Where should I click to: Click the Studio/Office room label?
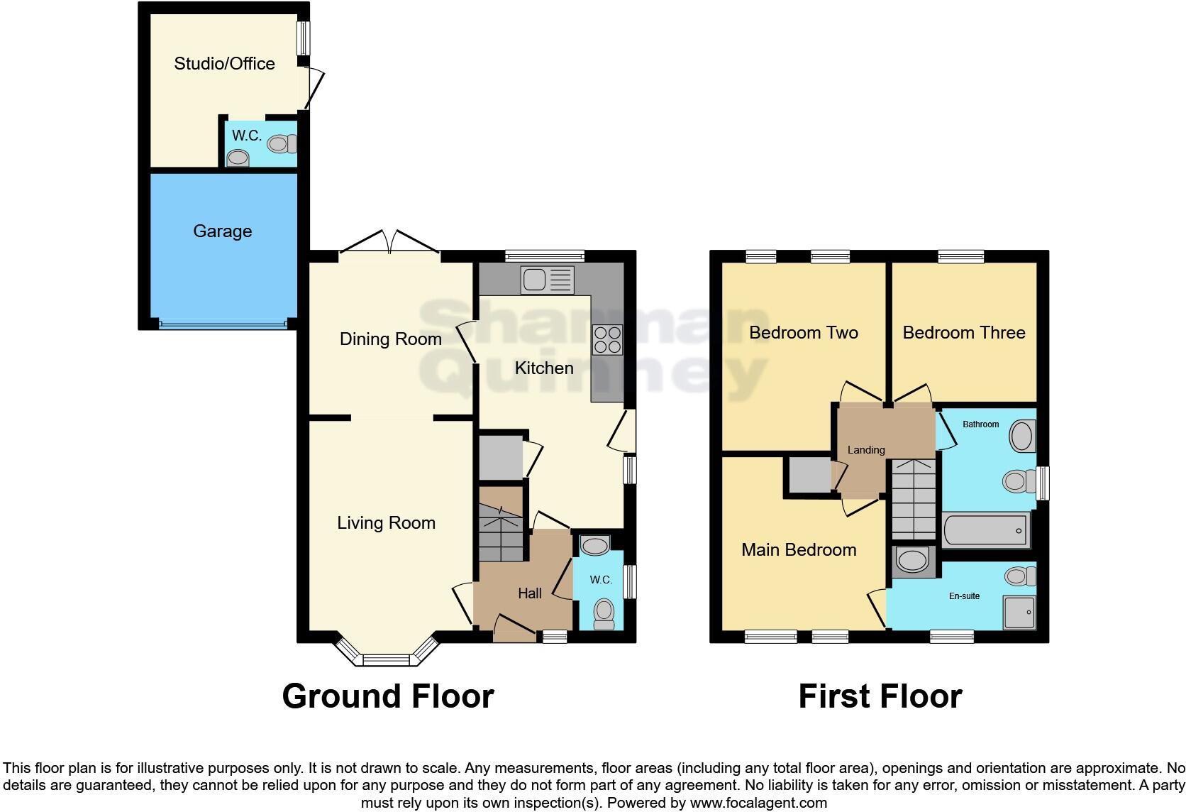point(224,64)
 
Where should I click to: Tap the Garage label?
point(222,231)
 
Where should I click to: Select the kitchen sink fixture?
point(547,280)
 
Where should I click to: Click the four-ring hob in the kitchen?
point(607,339)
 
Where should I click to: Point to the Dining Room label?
point(390,339)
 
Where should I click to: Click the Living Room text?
point(386,523)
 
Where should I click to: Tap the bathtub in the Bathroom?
point(986,530)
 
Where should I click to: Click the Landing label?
point(866,450)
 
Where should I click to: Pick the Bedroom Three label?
point(963,333)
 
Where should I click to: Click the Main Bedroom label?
point(799,550)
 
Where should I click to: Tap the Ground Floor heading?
point(388,696)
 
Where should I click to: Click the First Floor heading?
point(880,696)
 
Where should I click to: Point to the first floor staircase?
point(914,500)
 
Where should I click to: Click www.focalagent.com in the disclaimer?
point(758,803)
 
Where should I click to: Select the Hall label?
point(530,593)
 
